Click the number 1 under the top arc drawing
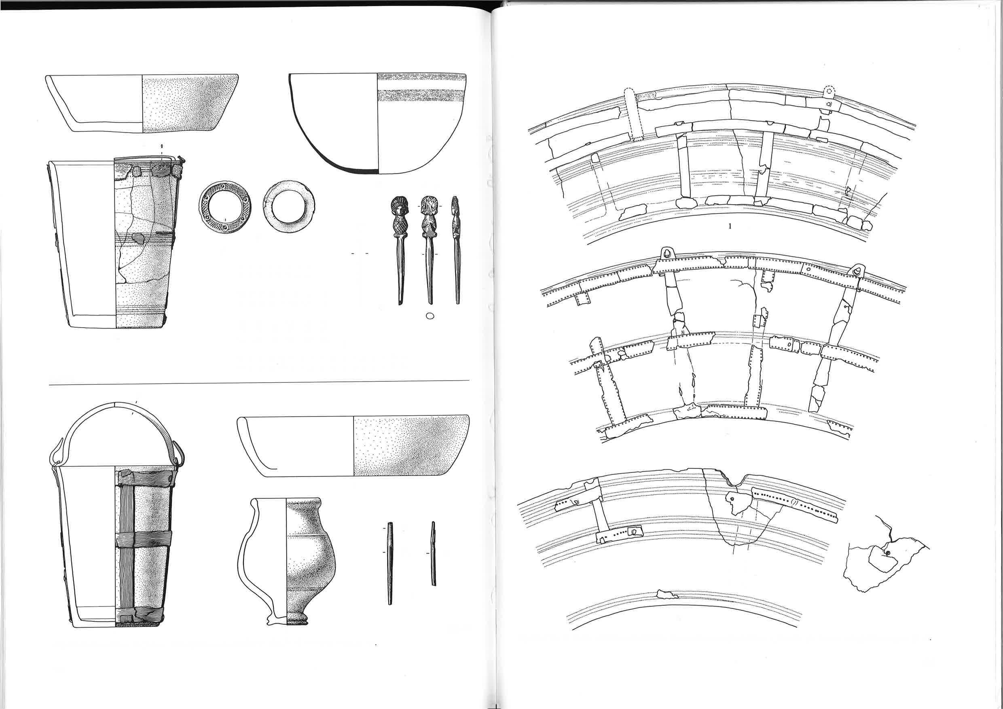click(730, 226)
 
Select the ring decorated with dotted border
click(225, 207)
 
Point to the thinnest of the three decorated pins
click(457, 249)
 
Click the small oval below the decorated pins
click(430, 316)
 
